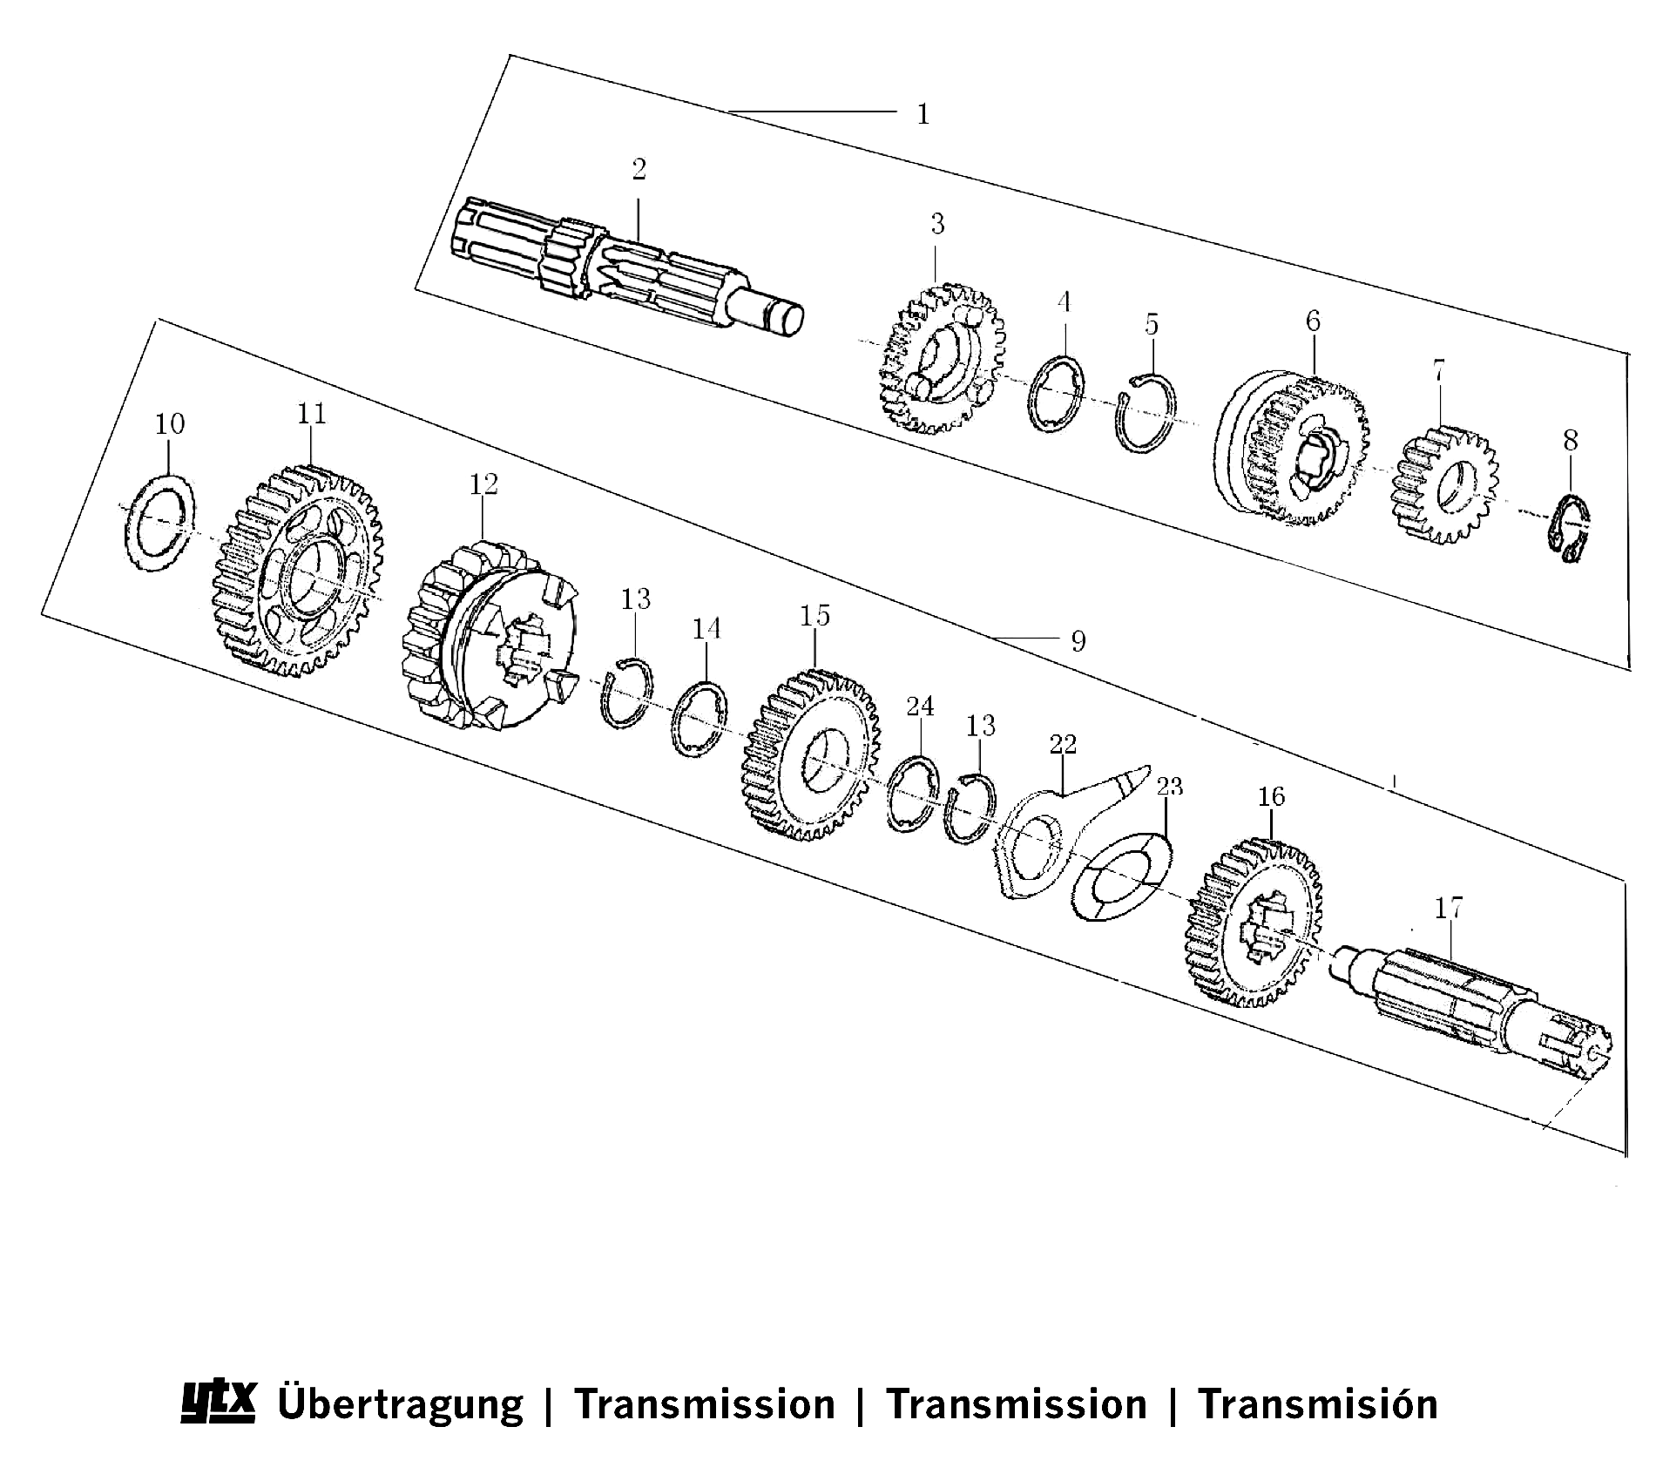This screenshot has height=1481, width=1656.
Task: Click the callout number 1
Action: (923, 114)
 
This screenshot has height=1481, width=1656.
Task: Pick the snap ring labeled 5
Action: (1146, 412)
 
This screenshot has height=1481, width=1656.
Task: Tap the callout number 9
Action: (1078, 642)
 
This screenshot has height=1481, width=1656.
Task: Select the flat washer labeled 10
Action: (157, 523)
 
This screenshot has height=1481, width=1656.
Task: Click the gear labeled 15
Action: (810, 756)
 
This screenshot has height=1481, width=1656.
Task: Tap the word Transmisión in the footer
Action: (1318, 1404)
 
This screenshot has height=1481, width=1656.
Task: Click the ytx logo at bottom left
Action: (217, 1401)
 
